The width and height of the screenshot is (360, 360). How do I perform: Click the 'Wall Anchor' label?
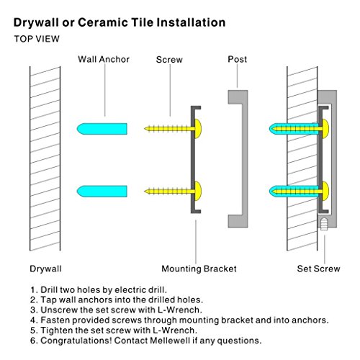(x=104, y=59)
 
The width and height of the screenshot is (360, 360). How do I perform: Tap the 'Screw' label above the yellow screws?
(x=169, y=60)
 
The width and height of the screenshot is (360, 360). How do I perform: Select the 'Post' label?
(x=238, y=59)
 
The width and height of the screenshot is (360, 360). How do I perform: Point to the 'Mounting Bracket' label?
(x=199, y=269)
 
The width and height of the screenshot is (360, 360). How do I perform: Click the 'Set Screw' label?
(x=318, y=269)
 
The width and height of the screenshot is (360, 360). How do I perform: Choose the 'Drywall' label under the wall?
(x=45, y=269)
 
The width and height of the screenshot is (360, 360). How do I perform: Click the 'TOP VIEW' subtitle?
(x=37, y=39)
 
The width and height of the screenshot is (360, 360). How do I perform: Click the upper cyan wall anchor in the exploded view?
(x=102, y=129)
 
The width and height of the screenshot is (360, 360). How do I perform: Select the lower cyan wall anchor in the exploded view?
(x=102, y=192)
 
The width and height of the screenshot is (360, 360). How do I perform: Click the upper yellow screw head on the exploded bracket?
(x=198, y=129)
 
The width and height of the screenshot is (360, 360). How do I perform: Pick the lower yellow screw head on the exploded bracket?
(x=198, y=191)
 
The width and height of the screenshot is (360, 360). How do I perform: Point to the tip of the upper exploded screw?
(x=145, y=129)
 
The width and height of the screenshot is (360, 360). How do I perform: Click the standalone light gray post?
(x=244, y=158)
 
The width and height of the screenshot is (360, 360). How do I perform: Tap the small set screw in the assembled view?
(x=324, y=224)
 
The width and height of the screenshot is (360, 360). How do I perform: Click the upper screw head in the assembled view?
(x=325, y=129)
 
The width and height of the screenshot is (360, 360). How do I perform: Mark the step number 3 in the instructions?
(x=33, y=310)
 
